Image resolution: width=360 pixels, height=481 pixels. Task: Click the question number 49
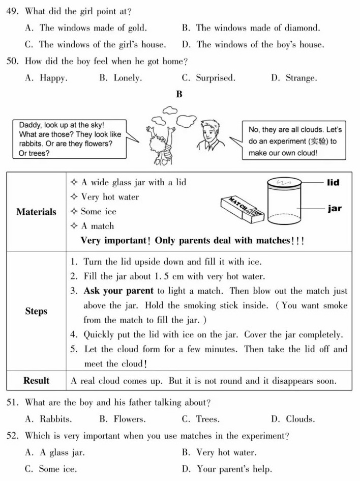[13, 11]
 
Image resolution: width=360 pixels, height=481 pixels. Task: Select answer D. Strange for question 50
[294, 78]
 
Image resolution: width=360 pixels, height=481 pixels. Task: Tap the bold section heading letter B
[179, 95]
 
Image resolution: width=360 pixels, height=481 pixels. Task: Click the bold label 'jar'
[334, 209]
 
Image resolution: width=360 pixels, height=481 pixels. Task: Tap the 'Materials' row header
[36, 212]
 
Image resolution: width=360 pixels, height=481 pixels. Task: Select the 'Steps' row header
[36, 311]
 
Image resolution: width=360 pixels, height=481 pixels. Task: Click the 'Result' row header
[36, 381]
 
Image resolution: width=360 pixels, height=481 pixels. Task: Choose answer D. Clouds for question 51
[293, 420]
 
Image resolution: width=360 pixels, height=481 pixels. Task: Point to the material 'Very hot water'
[109, 197]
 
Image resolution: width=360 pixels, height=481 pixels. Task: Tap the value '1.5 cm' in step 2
[168, 277]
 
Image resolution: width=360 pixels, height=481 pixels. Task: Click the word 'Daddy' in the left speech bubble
[31, 125]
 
